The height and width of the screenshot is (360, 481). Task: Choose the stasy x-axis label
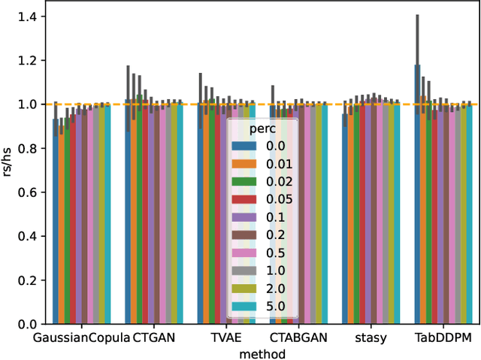tap(371, 338)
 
